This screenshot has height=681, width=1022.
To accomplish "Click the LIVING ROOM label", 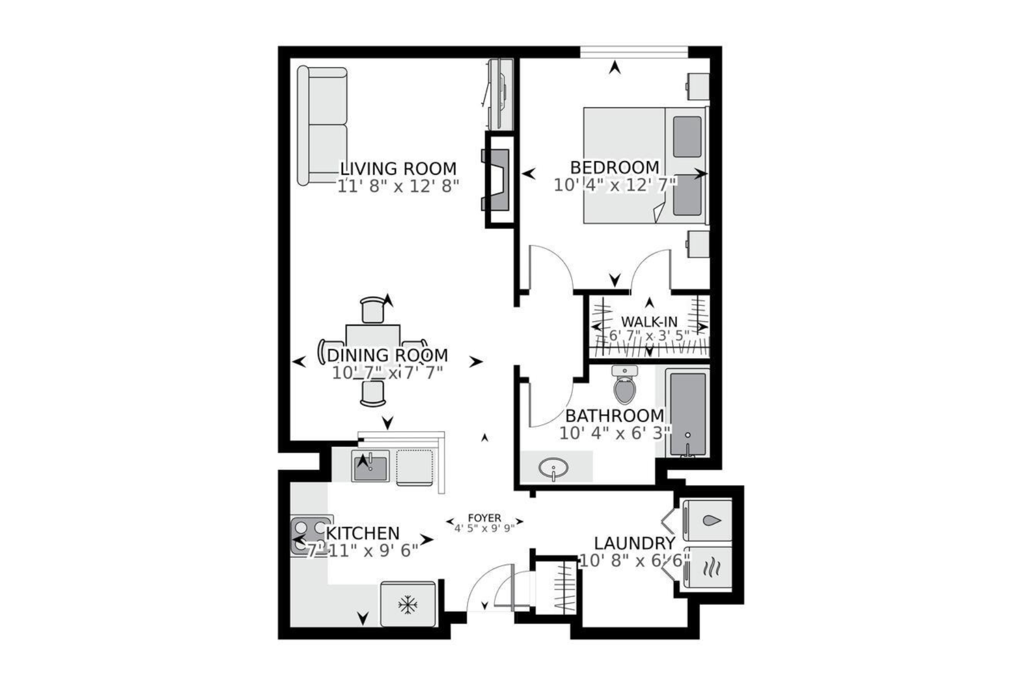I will (398, 169).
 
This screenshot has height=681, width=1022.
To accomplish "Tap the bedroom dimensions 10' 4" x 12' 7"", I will (615, 184).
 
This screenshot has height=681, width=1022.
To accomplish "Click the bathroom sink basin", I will (554, 469).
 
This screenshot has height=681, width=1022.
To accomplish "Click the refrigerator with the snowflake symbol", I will (408, 604).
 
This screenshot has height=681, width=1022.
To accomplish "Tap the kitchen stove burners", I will (310, 536).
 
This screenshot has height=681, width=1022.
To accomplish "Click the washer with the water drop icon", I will (708, 520).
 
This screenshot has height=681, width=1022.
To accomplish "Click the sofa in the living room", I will (322, 126).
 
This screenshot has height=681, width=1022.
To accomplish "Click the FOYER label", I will (484, 518).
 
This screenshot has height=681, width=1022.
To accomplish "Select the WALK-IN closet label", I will (648, 322).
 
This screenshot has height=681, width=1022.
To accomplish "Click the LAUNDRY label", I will (634, 544).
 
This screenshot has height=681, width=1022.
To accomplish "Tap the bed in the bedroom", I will (644, 165).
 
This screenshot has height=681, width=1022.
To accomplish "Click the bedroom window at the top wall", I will (634, 52).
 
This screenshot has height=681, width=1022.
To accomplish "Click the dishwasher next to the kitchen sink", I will (414, 467).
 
